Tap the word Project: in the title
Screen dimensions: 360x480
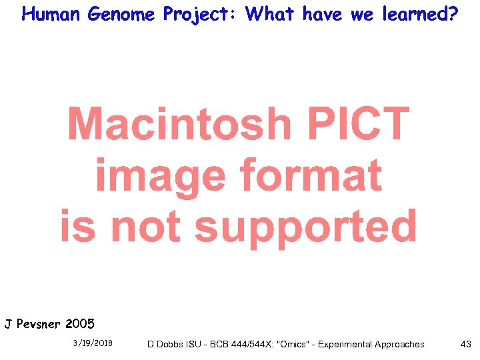(x=201, y=14)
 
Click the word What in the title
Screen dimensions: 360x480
(x=271, y=14)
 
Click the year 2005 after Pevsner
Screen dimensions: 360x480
(x=80, y=325)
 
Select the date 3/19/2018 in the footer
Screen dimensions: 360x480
(x=93, y=344)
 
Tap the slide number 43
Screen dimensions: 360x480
(x=465, y=344)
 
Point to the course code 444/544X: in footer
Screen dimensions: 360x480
(x=247, y=345)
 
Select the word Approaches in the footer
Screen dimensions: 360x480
(x=400, y=345)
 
